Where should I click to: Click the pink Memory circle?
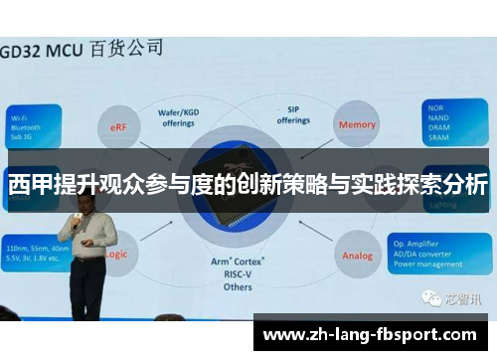[x=357, y=125]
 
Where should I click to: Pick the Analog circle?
[x=358, y=256]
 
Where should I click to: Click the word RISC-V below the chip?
[x=239, y=273]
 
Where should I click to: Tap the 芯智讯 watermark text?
[x=463, y=297]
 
